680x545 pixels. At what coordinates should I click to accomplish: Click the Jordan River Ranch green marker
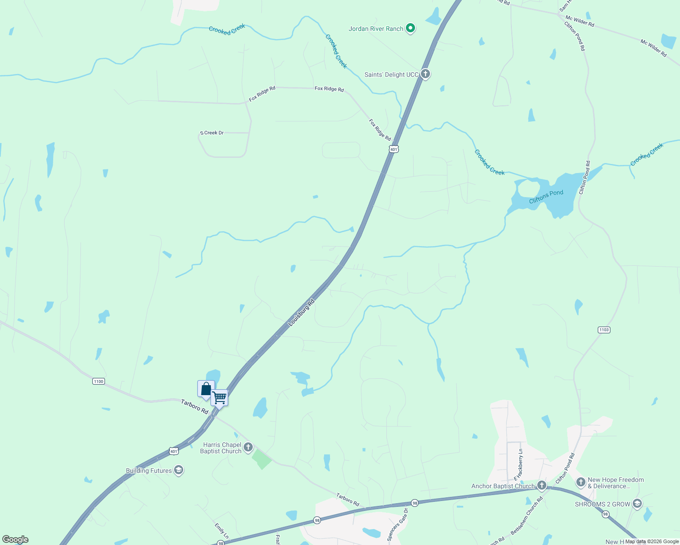[x=410, y=28]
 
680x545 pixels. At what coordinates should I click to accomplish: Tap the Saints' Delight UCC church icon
[x=425, y=74]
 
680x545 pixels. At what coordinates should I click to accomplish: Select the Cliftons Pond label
[x=546, y=197]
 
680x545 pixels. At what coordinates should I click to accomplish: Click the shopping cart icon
[x=220, y=398]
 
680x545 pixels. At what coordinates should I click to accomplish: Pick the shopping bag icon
[x=206, y=389]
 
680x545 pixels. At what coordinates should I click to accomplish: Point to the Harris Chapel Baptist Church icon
[x=248, y=447]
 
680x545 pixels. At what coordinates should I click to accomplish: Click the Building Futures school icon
[x=179, y=471]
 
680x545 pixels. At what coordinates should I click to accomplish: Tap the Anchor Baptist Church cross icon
[x=541, y=486]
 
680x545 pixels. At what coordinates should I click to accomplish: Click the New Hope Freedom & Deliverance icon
[x=580, y=482]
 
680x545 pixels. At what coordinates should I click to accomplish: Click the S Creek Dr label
[x=212, y=133]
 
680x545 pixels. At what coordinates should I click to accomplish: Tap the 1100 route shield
[x=99, y=381]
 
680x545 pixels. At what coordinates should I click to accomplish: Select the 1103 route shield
[x=604, y=330]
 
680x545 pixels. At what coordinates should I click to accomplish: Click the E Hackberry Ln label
[x=518, y=465]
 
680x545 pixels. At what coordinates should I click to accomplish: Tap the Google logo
[x=15, y=540]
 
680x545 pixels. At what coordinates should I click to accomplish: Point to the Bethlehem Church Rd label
[x=527, y=515]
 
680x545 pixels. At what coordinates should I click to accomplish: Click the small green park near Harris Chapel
[x=262, y=459]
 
